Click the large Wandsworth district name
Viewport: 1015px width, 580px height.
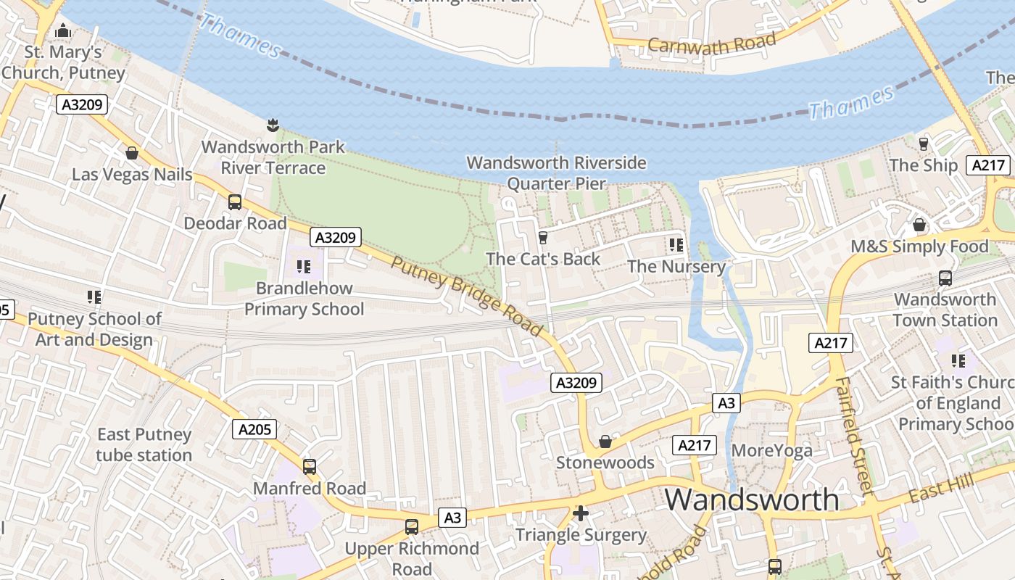tap(752, 500)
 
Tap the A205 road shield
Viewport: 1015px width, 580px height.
tap(255, 429)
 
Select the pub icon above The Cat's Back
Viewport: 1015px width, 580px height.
tap(542, 237)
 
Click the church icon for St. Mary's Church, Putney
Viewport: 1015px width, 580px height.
tap(63, 30)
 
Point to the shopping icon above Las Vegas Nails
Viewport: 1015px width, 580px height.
tap(132, 153)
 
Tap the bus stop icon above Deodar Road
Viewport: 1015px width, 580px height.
tap(235, 202)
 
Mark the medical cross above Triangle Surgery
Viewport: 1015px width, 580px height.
tap(580, 513)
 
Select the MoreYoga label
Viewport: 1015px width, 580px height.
tap(772, 451)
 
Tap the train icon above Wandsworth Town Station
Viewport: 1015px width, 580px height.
tap(945, 278)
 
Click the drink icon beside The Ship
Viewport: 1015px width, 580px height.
tap(924, 144)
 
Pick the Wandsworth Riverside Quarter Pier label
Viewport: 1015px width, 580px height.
tap(556, 173)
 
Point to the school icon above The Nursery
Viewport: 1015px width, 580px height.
tap(676, 245)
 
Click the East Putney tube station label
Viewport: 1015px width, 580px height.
tap(144, 444)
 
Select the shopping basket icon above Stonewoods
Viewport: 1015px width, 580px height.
tap(605, 442)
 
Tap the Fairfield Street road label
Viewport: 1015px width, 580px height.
tap(852, 435)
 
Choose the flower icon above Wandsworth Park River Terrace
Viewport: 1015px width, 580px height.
tap(273, 125)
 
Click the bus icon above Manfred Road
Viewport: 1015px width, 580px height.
tap(310, 467)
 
